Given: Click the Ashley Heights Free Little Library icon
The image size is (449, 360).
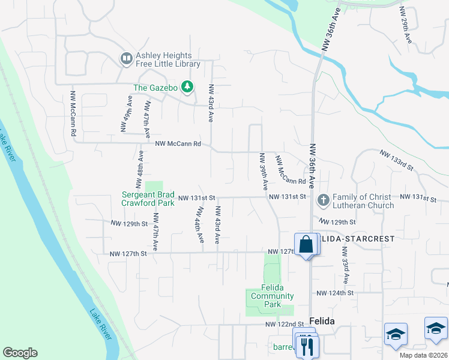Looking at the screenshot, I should pos(126,58).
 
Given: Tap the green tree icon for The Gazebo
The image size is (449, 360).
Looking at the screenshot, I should pos(188,88).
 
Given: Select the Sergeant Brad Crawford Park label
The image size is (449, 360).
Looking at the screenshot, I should pos(148,199).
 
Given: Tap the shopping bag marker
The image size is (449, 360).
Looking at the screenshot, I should pos(306,245).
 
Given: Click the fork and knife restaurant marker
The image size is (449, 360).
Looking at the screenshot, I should pos(308,346).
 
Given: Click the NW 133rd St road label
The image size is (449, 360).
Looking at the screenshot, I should pos(397,160).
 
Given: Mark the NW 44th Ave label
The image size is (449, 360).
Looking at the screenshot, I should pos(198,225).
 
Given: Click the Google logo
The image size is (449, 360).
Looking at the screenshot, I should pos(20,353).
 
